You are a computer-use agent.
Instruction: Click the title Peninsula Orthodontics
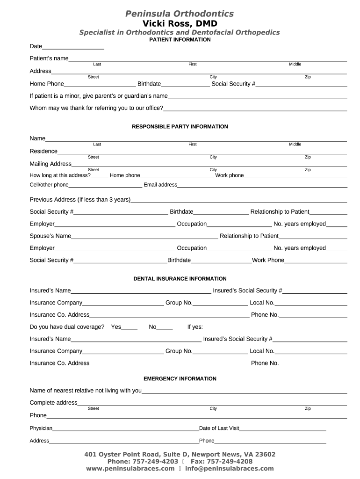coord(180,14)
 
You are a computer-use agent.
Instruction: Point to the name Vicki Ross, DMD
coord(180,23)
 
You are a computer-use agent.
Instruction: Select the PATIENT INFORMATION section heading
coord(180,40)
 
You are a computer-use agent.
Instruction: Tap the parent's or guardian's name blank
coord(257,97)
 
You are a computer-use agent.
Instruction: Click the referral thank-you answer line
coord(255,109)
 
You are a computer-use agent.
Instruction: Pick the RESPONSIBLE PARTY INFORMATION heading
coord(180,127)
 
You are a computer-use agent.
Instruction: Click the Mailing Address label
coord(50,164)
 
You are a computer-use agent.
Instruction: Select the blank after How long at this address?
coord(99,176)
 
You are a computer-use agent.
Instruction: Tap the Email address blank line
coord(262,185)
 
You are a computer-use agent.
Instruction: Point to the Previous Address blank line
coord(239,201)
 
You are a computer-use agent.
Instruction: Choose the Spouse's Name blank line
coord(144,237)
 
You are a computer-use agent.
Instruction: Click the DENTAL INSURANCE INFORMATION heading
coord(180,279)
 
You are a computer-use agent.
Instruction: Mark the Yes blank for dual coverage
coord(130,328)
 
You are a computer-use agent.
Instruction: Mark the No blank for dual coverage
coord(165,328)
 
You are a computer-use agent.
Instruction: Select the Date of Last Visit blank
coord(282,429)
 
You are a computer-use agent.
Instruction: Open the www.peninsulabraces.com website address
coord(130,468)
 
